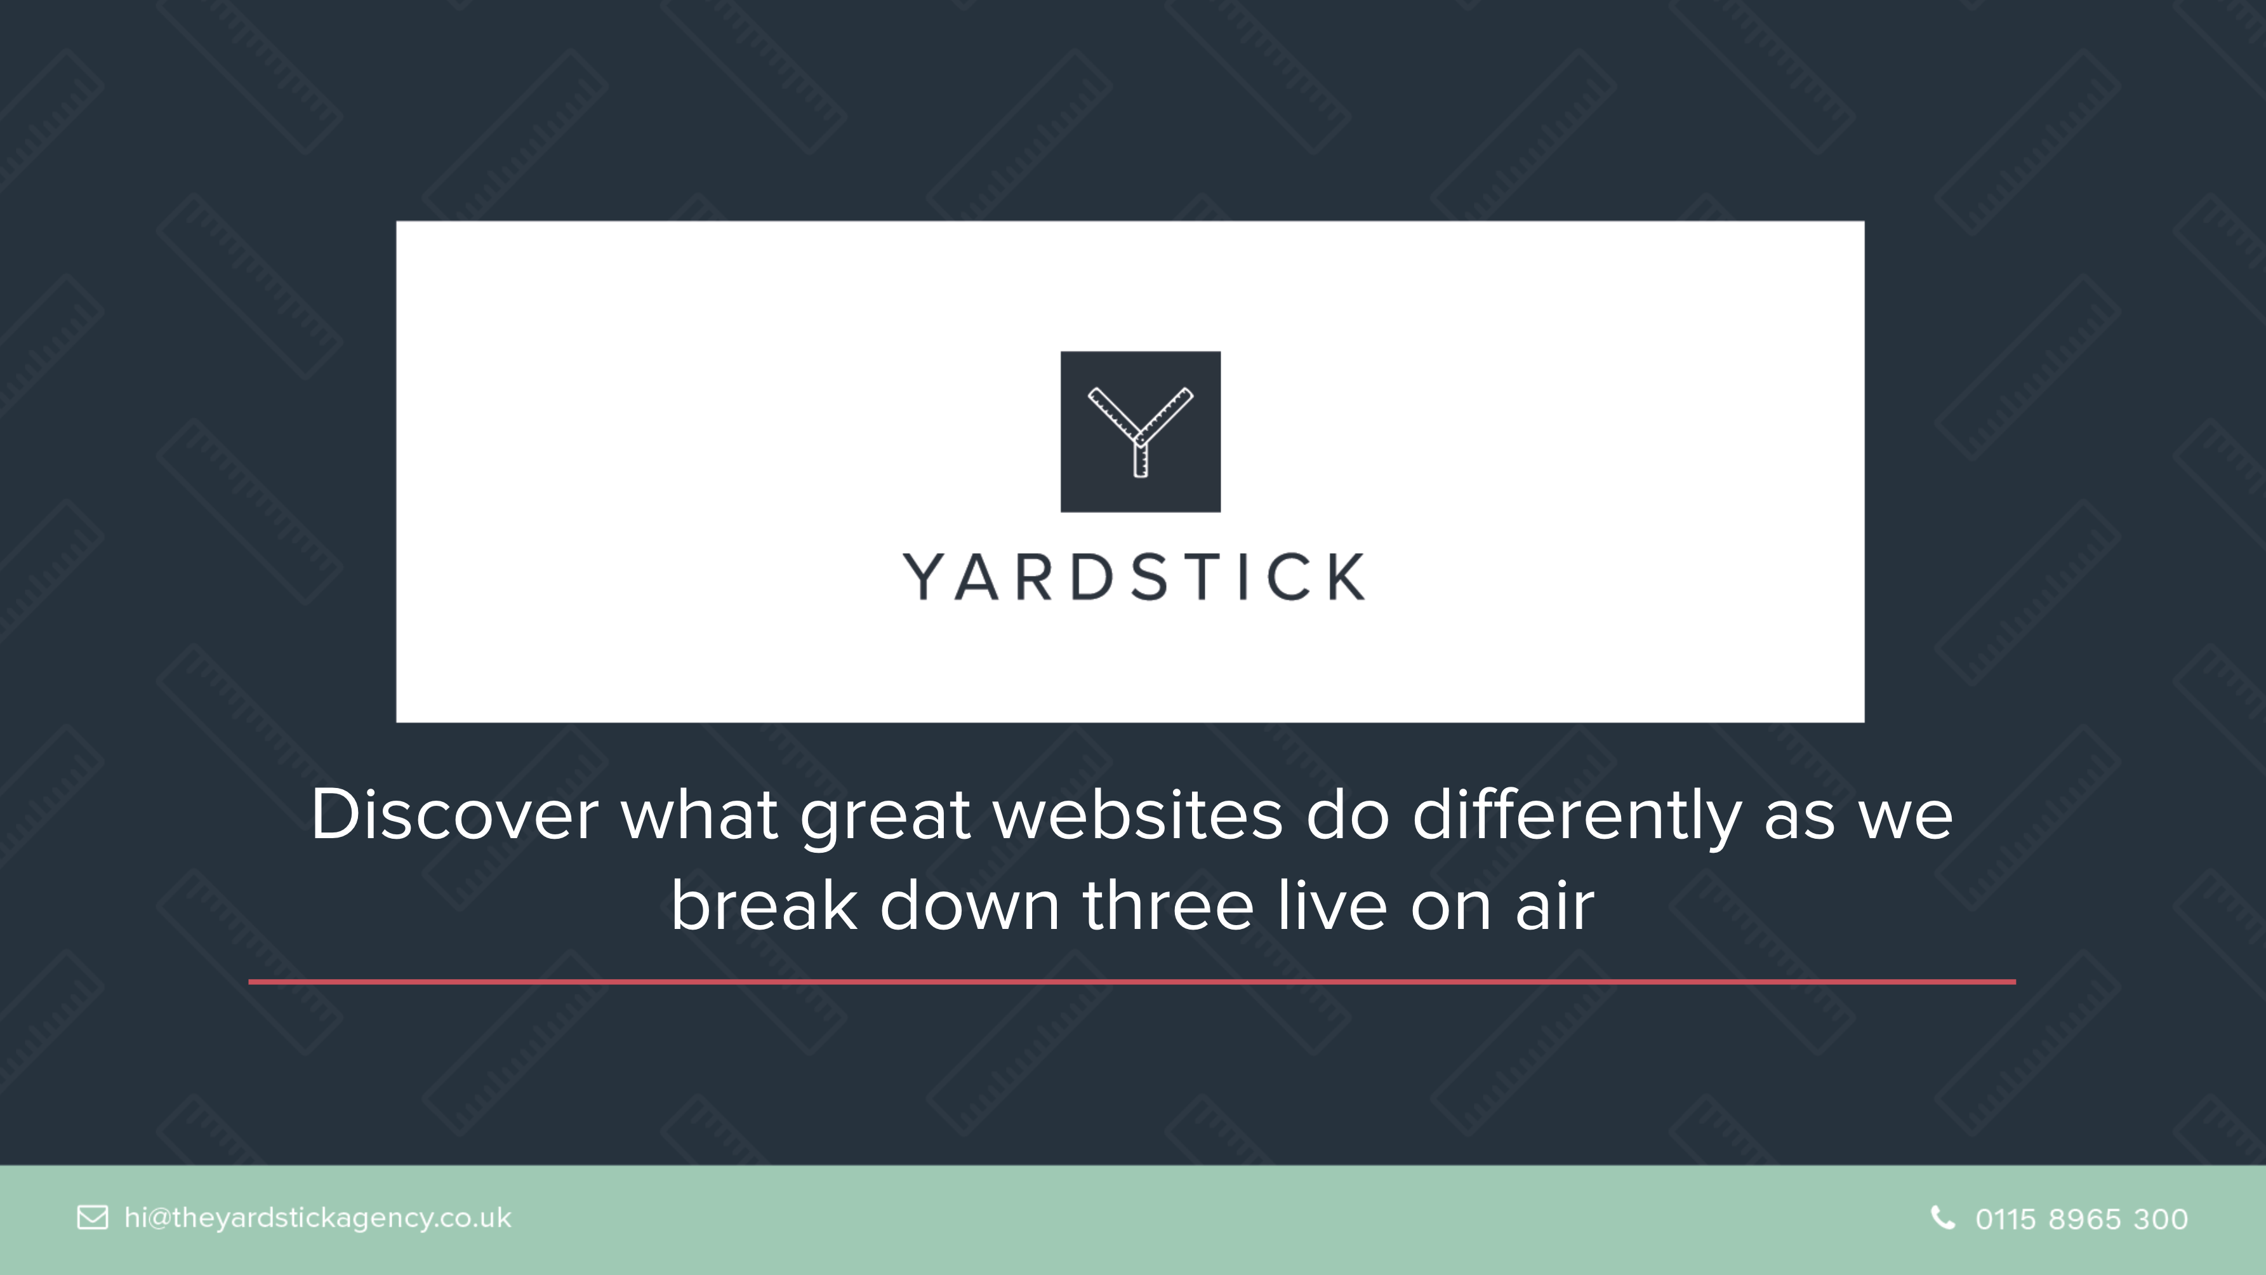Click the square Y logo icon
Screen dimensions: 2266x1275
point(1140,431)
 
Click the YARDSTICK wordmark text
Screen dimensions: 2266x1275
point(1135,577)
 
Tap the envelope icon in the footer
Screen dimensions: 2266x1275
point(93,1218)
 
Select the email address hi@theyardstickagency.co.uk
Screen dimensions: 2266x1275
point(317,1218)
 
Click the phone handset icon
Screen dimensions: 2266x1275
point(1943,1218)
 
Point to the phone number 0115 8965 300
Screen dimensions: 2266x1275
point(2081,1218)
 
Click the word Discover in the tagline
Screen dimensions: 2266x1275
point(454,814)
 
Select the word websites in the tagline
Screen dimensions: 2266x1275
point(1137,814)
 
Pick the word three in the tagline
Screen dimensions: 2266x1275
point(1167,905)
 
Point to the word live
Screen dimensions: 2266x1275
point(1332,905)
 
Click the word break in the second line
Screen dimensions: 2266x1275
point(764,905)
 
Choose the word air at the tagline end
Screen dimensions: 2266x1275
point(1554,905)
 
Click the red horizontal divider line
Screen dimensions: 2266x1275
point(1132,981)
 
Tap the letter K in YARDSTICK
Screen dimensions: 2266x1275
point(1346,577)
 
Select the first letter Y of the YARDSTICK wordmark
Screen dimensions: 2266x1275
point(924,577)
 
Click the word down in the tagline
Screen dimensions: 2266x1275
point(969,905)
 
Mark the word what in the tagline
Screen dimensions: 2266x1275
point(699,814)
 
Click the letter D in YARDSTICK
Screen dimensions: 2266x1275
point(1092,577)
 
